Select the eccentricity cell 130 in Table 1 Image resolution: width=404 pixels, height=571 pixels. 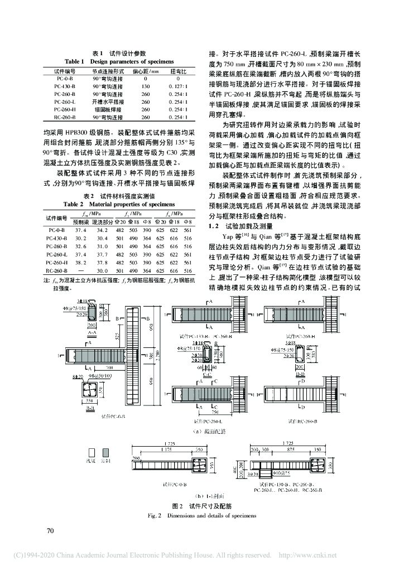[x=146, y=86]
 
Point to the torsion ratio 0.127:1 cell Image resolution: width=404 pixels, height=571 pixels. [x=181, y=86]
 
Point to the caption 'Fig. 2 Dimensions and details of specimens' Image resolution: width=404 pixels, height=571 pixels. [x=202, y=515]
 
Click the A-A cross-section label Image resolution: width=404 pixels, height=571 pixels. [x=92, y=331]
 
